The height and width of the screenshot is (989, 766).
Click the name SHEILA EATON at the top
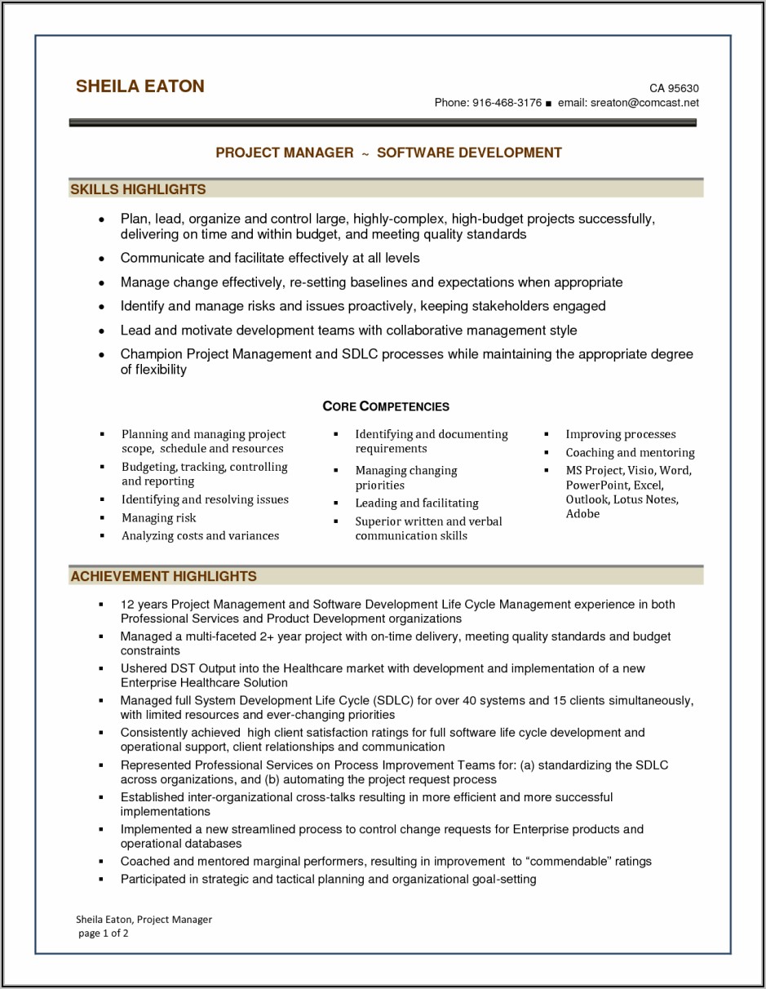(139, 86)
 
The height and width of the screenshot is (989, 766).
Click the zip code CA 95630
(674, 88)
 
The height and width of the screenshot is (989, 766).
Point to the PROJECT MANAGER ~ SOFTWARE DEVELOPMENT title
(388, 153)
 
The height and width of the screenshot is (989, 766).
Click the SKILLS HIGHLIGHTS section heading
(138, 189)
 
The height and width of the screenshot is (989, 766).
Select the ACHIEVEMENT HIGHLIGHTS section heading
(163, 576)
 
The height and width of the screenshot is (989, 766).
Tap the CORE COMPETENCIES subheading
(386, 406)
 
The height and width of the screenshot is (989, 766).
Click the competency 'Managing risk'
(159, 518)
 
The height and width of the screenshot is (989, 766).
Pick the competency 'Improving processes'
(621, 434)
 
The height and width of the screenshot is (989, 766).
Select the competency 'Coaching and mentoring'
(630, 453)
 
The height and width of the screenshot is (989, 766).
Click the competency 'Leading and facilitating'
(416, 503)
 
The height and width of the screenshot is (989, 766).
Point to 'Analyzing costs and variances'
(200, 536)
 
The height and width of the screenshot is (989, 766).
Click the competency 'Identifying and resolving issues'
(205, 499)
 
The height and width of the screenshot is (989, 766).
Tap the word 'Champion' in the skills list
(151, 354)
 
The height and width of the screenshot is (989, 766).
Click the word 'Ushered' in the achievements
(143, 668)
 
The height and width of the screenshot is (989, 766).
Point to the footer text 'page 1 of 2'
(104, 933)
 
